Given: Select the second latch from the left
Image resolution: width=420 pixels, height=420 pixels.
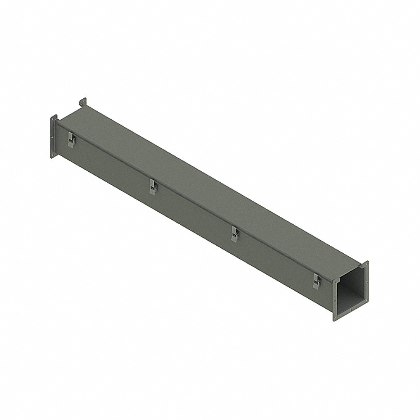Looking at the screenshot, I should (153, 187).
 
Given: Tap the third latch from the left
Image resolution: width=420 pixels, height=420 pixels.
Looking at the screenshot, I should (235, 234).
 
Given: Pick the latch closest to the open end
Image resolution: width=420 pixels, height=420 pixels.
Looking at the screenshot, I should (317, 281).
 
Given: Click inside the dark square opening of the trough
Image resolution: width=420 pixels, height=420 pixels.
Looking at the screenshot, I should (350, 292).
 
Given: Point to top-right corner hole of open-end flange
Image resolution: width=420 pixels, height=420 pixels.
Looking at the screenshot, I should (366, 264).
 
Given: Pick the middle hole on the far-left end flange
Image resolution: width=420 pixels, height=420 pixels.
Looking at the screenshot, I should (52, 137).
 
